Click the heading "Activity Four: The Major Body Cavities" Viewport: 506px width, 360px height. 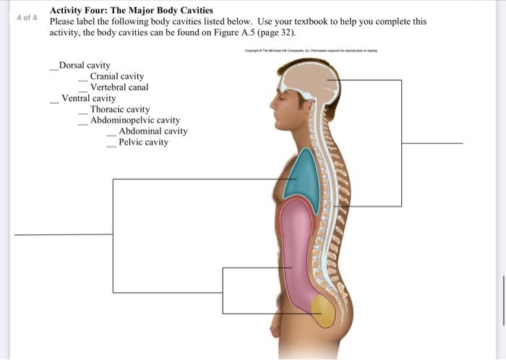(131, 11)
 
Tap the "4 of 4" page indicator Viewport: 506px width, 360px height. (26, 17)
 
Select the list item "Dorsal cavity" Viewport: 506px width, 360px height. (85, 66)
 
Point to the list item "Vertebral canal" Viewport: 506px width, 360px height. (119, 87)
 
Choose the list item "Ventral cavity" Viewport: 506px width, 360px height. (88, 98)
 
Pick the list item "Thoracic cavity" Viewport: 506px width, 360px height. (120, 110)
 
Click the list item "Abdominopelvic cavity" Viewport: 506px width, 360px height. (134, 121)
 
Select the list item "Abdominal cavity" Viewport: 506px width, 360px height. (153, 132)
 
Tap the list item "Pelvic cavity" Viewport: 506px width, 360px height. (143, 142)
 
